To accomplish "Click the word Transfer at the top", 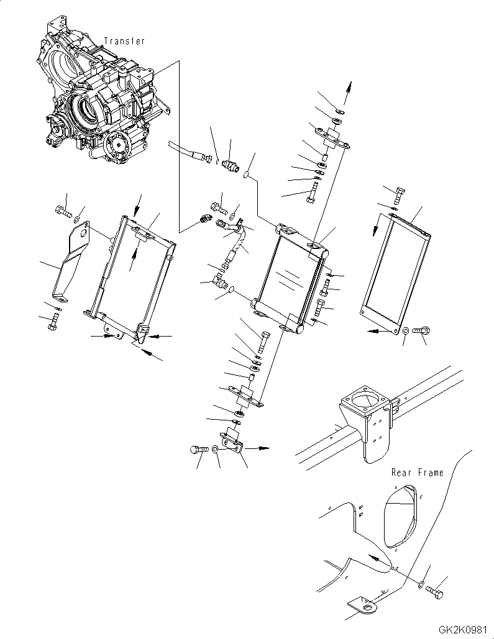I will (124, 41).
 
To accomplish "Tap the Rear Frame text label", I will (418, 473).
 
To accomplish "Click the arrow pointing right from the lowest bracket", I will (261, 446).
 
